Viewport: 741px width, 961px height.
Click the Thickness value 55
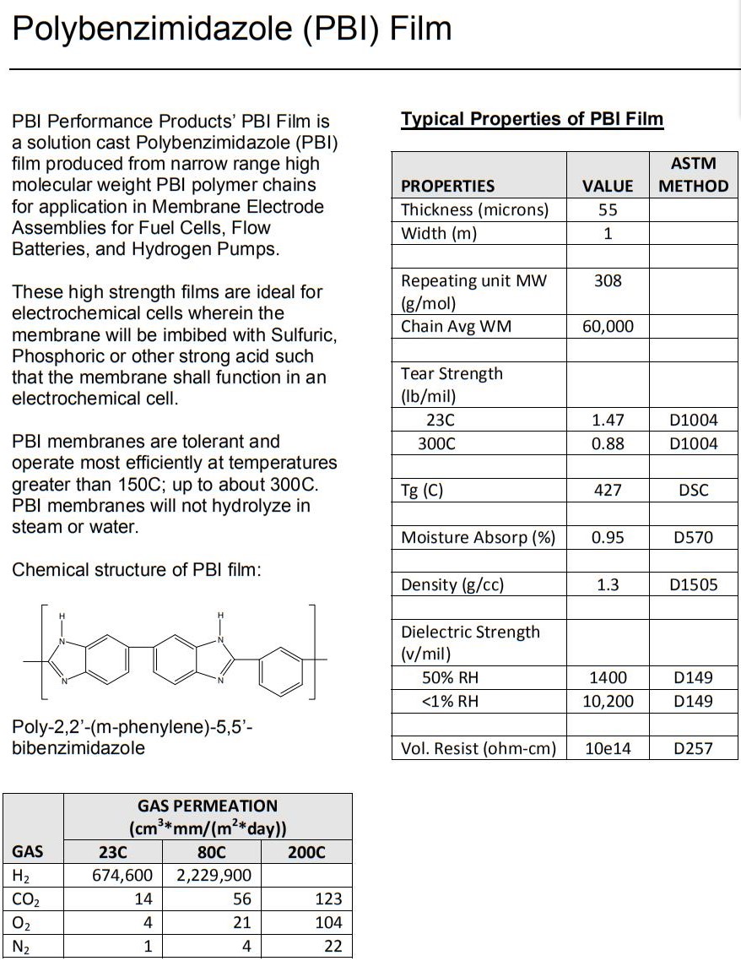click(x=608, y=209)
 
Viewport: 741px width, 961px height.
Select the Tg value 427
click(x=608, y=490)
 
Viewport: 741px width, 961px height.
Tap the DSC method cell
click(x=693, y=490)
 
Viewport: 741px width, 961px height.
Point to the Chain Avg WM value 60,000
click(x=608, y=327)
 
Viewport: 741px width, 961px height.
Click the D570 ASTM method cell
click(x=693, y=537)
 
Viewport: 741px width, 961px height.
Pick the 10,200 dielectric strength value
click(x=608, y=701)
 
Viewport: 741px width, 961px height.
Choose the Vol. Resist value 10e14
click(x=608, y=748)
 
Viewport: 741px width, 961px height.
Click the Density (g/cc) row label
click(x=452, y=584)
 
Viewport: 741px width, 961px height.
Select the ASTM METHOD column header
click(x=693, y=175)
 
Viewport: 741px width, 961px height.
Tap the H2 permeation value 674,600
click(x=122, y=875)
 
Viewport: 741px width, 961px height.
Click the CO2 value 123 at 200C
click(x=328, y=899)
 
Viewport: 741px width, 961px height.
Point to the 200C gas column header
click(x=306, y=851)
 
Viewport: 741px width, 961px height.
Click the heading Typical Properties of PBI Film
click(x=532, y=119)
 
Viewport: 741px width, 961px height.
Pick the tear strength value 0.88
click(x=608, y=443)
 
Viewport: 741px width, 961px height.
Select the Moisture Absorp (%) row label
click(x=478, y=537)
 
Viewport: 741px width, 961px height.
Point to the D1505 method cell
click(x=693, y=584)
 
